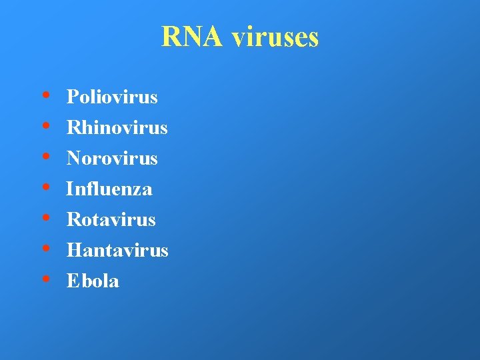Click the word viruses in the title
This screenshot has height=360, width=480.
(275, 37)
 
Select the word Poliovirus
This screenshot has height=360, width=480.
(112, 97)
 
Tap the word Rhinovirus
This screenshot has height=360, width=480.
(117, 128)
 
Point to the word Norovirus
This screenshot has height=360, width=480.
(112, 159)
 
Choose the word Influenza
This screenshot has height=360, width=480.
(109, 189)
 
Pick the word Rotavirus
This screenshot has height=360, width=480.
(111, 220)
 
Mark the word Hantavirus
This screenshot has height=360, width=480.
(117, 251)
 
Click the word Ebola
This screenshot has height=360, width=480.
(93, 281)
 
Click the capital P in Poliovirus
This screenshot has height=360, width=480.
(72, 97)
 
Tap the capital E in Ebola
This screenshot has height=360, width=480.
(72, 281)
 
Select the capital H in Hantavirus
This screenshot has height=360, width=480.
(73, 251)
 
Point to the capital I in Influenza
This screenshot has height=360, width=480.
(69, 189)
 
